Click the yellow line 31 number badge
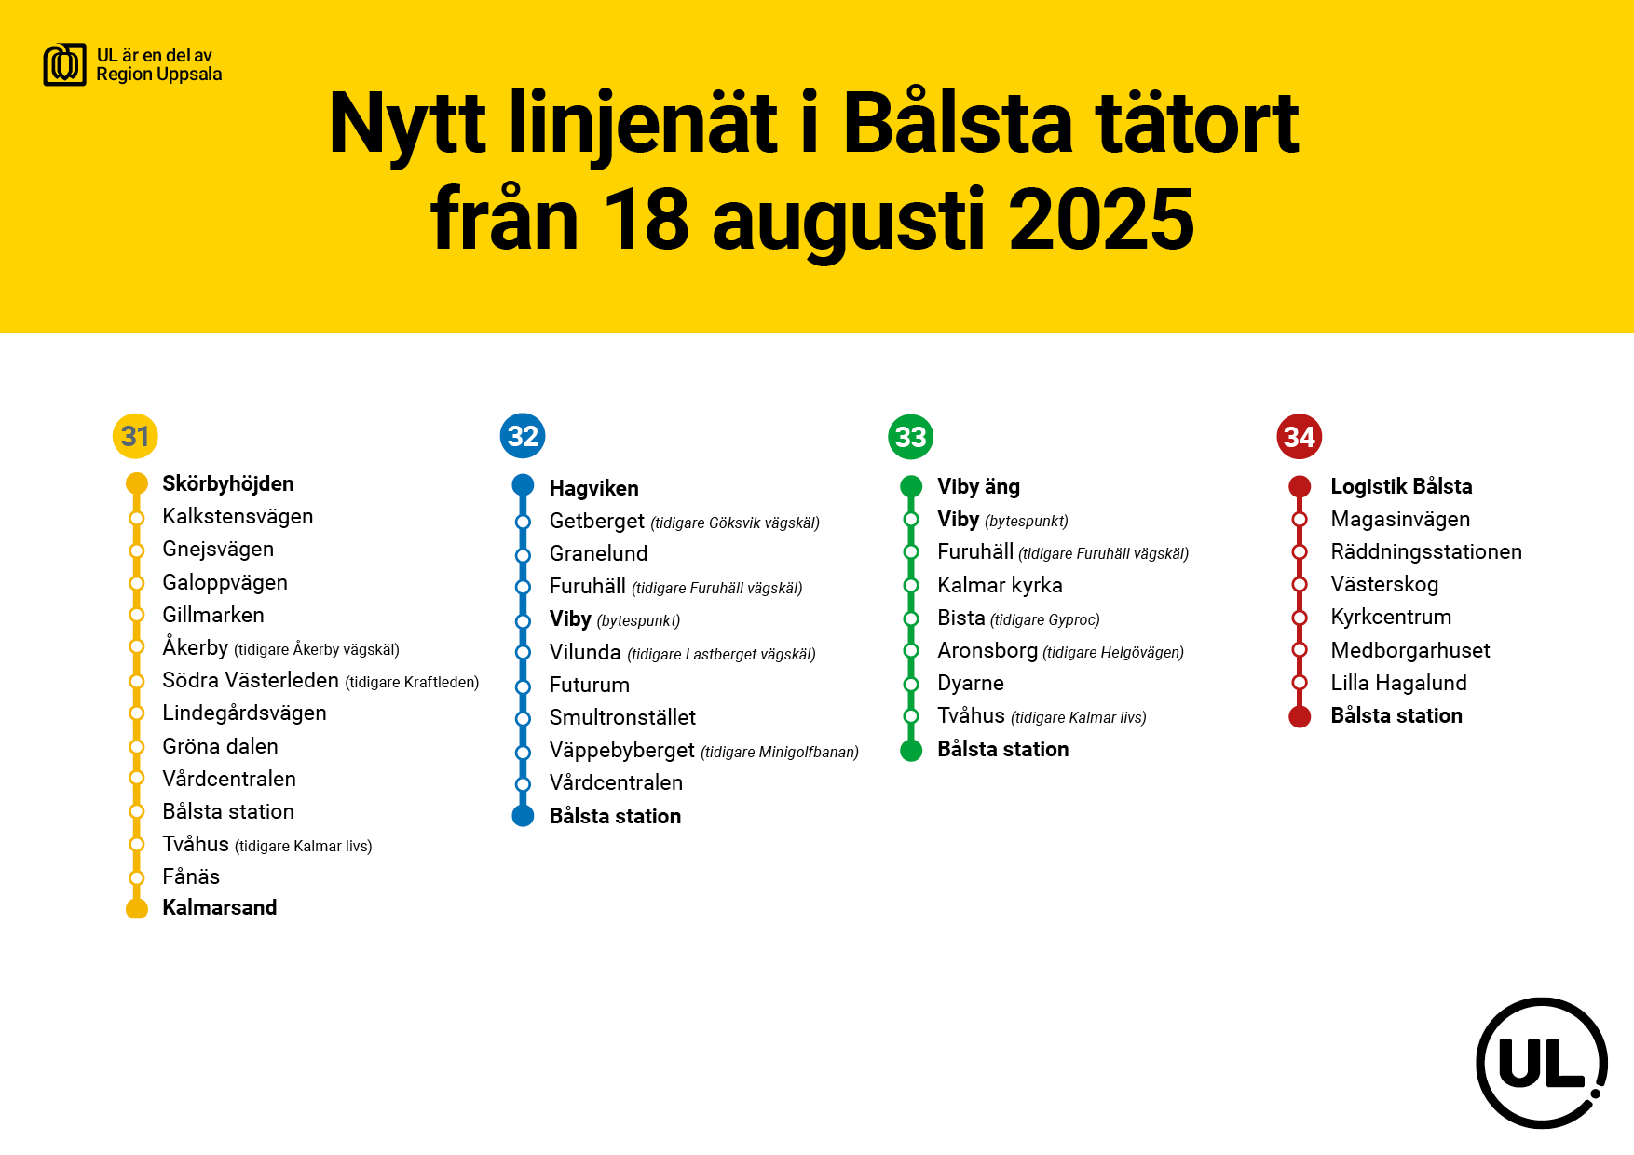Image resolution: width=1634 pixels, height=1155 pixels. [135, 436]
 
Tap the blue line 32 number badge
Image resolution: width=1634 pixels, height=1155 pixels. [523, 436]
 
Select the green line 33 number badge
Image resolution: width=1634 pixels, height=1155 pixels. [911, 437]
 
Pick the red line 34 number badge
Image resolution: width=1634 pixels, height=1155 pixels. [1300, 437]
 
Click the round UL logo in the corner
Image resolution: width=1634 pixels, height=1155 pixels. [1542, 1063]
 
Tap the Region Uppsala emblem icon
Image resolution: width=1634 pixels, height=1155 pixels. [65, 65]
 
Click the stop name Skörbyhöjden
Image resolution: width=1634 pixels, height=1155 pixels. [228, 483]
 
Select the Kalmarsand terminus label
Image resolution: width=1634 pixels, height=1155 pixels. [220, 907]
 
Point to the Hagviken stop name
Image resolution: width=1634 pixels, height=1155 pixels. [594, 488]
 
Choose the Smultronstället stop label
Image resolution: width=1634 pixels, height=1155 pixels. [622, 717]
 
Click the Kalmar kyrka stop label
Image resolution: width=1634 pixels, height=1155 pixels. [1000, 585]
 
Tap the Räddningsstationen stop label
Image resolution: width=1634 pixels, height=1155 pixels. [1426, 551]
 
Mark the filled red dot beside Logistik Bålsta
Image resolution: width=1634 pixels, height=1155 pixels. [1300, 486]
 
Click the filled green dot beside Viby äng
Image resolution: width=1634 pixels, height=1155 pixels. [911, 486]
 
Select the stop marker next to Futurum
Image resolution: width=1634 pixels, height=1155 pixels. [524, 686]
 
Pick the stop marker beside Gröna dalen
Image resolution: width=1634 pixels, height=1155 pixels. [137, 746]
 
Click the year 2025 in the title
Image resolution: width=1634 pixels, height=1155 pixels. [1101, 220]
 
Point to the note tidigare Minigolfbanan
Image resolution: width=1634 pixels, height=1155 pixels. [780, 752]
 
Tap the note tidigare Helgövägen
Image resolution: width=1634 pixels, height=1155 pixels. [1113, 652]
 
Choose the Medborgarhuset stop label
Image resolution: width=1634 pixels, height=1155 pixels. [1410, 650]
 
